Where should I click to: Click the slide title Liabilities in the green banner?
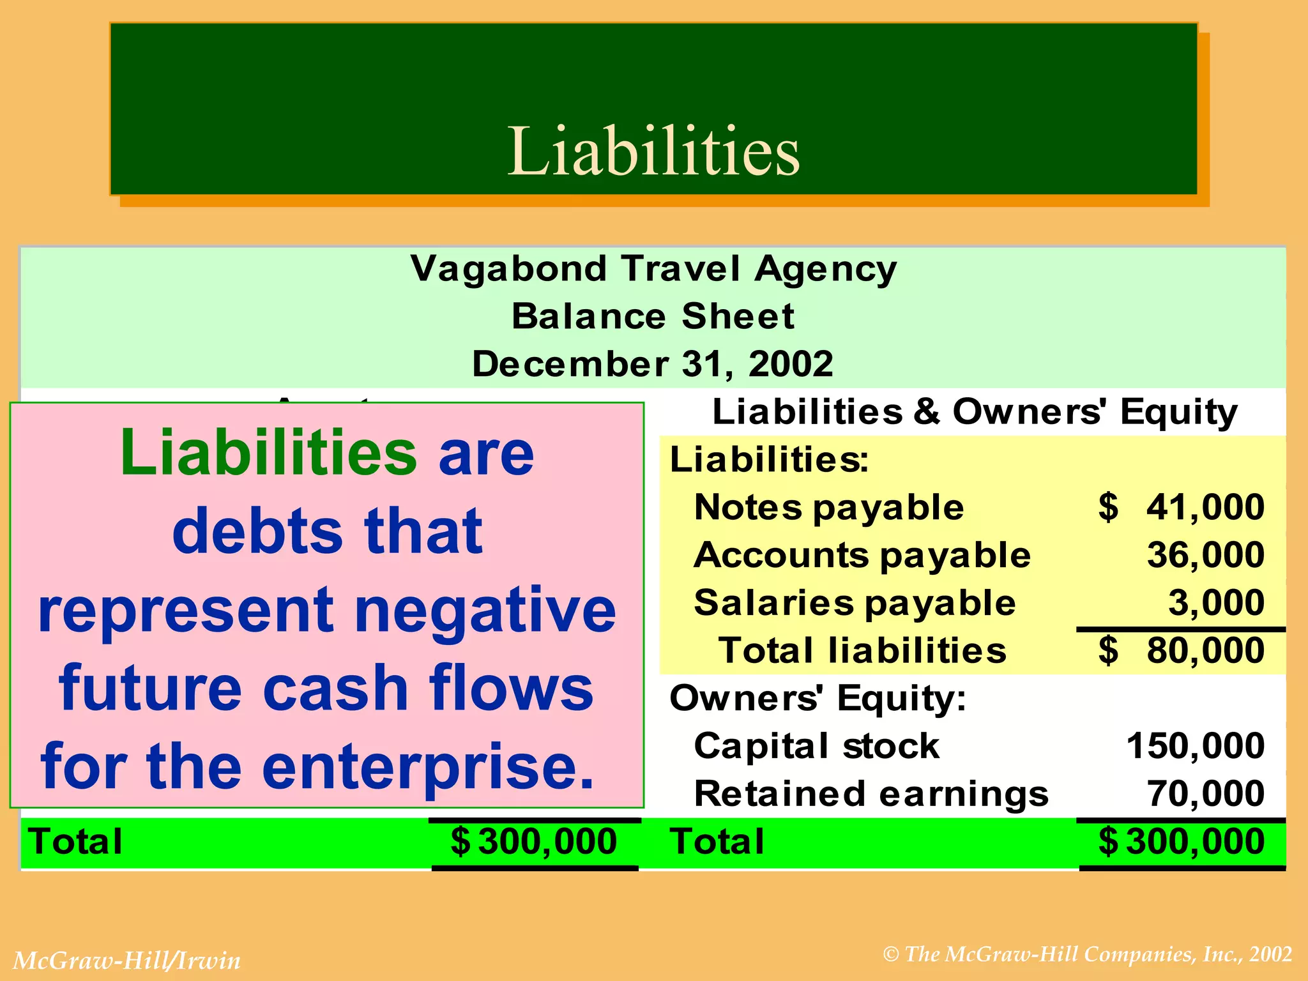[x=653, y=151]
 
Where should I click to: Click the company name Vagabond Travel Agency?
[x=653, y=269]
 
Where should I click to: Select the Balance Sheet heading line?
[x=653, y=316]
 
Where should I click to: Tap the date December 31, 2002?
[x=653, y=364]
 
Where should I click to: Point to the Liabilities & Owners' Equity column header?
[x=975, y=411]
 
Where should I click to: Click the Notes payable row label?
[x=829, y=507]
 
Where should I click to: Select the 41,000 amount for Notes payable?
[x=1205, y=507]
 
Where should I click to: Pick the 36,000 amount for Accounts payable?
[x=1205, y=554]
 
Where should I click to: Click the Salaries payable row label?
[x=855, y=602]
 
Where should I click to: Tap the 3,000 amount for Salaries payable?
[x=1216, y=602]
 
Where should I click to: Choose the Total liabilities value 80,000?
[x=1205, y=650]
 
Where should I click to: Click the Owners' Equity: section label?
[x=817, y=697]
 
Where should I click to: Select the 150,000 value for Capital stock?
[x=1195, y=745]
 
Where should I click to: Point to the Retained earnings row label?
[x=871, y=793]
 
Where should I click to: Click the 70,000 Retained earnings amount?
[x=1205, y=793]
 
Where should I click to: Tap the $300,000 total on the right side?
[x=1182, y=841]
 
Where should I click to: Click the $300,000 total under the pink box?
[x=534, y=841]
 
